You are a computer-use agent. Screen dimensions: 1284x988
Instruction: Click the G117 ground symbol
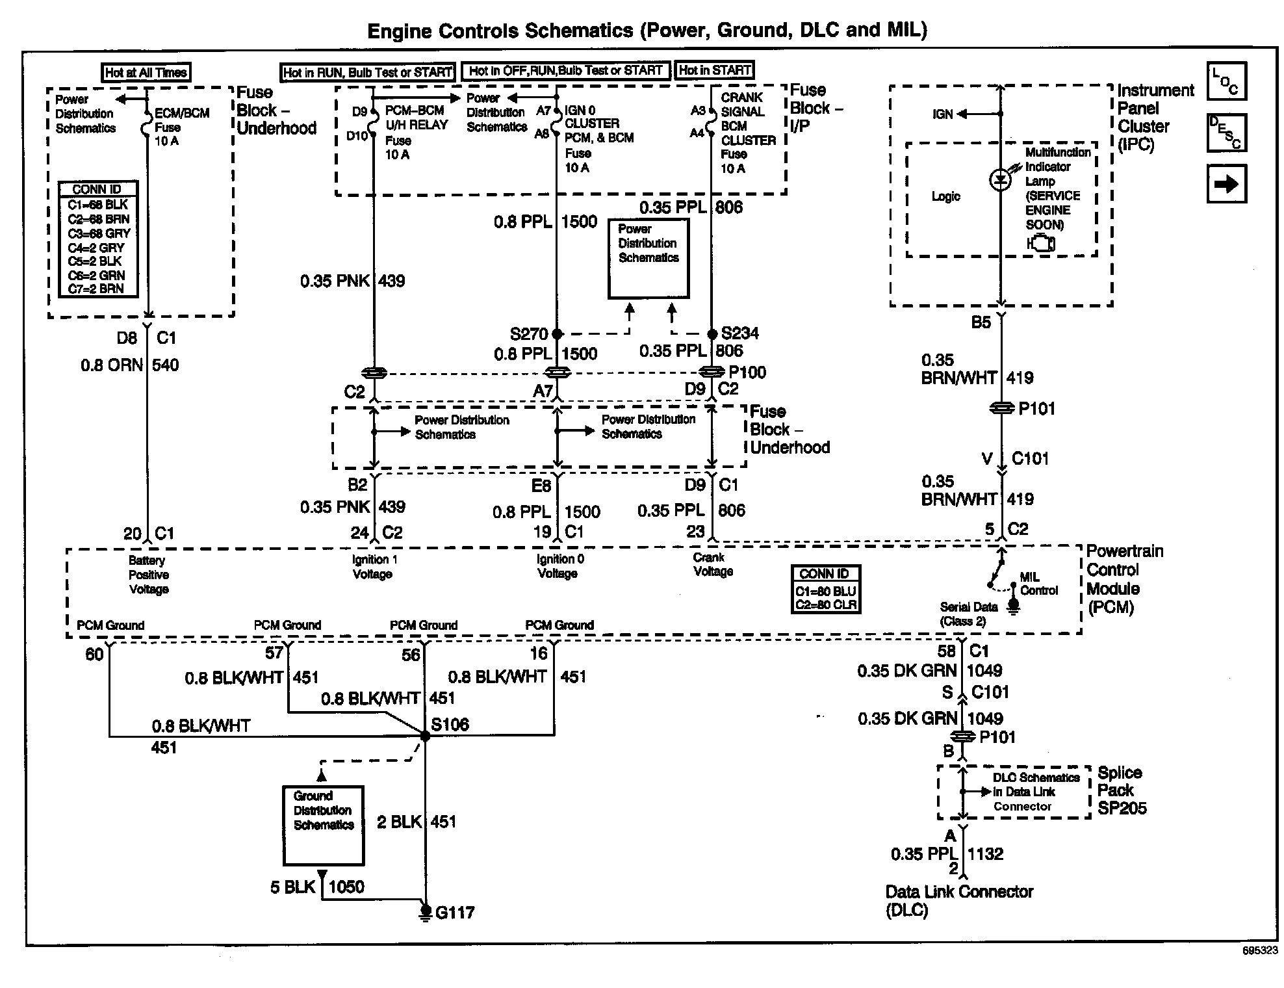425,912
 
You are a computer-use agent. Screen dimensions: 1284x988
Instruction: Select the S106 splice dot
425,736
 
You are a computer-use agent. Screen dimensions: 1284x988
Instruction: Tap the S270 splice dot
557,334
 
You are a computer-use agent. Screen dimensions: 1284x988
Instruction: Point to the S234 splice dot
712,333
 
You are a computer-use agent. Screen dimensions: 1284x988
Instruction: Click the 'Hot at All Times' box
146,72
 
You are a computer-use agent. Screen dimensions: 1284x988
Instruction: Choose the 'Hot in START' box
715,70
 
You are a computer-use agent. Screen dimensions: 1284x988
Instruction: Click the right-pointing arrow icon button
1226,184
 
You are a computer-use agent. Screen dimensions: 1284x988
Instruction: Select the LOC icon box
1226,81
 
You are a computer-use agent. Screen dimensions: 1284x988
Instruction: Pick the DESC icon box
1226,133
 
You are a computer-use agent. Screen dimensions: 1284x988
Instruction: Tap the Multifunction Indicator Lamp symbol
1000,179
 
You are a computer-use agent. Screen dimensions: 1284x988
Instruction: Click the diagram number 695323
1259,950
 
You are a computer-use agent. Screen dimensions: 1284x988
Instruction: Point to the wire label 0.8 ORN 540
130,365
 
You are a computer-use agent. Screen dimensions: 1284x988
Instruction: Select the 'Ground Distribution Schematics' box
323,825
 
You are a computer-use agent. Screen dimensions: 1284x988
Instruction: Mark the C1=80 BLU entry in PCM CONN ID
825,591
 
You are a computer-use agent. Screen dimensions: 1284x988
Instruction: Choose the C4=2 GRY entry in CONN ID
96,247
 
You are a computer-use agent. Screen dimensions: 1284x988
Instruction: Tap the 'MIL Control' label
1038,584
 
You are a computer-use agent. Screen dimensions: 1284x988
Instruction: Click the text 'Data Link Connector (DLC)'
959,900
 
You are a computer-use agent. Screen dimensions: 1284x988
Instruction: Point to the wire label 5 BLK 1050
317,887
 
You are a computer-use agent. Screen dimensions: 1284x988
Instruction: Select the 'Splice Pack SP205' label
1122,790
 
